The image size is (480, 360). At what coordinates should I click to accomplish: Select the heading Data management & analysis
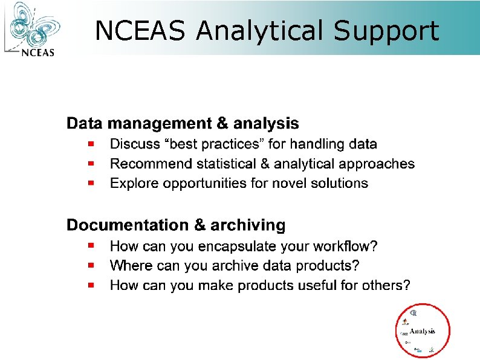pos(182,124)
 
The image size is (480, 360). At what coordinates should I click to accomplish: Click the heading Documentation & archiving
pos(175,225)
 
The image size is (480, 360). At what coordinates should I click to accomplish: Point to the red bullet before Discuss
pos(90,144)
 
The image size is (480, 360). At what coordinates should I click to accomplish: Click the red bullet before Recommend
pos(90,163)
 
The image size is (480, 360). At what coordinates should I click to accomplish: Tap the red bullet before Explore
pos(90,182)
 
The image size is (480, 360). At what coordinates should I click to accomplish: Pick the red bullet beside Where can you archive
pos(90,265)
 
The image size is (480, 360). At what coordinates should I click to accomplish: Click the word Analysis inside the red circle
pos(423,330)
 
